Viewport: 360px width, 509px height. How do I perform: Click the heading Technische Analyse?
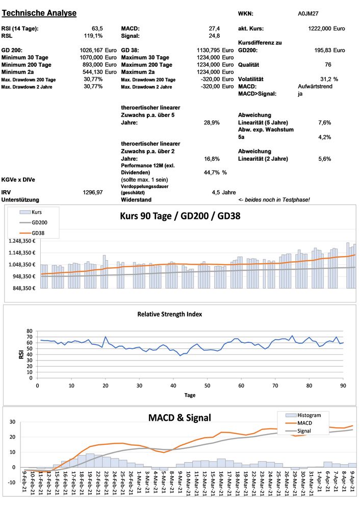(x=39, y=13)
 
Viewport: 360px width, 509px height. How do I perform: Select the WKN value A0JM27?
(x=308, y=14)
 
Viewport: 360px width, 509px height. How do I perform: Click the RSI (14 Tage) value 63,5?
(x=97, y=29)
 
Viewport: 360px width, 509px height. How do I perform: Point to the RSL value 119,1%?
(x=93, y=36)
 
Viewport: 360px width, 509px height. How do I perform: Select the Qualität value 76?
(x=328, y=65)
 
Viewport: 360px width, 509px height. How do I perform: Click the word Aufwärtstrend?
(x=316, y=87)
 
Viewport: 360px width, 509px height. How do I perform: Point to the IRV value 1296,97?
(x=93, y=192)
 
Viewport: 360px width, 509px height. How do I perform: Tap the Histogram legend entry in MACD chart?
(x=302, y=415)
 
